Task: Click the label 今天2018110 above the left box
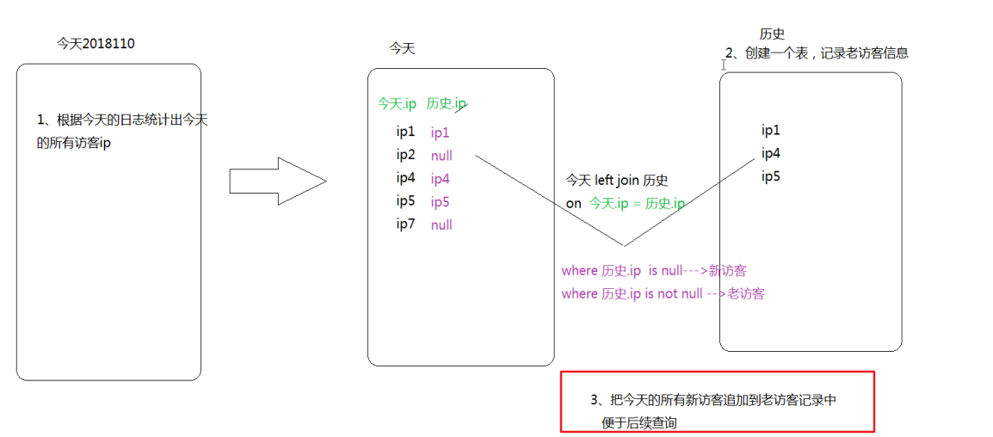click(96, 44)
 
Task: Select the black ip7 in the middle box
click(405, 225)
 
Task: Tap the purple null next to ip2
click(441, 156)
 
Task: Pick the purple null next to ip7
click(441, 225)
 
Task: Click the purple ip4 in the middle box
click(440, 179)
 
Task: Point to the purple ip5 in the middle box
click(440, 202)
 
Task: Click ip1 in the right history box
click(771, 131)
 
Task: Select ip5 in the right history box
click(771, 177)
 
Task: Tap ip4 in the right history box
click(771, 154)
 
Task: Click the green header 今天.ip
click(397, 103)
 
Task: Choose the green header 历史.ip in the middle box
click(446, 103)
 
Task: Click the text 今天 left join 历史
click(616, 181)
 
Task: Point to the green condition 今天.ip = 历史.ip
click(638, 204)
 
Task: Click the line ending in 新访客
click(653, 271)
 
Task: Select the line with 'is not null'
click(663, 294)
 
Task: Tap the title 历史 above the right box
click(772, 34)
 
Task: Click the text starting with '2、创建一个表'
click(817, 53)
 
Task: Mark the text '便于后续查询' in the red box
click(639, 423)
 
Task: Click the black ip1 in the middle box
click(405, 132)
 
